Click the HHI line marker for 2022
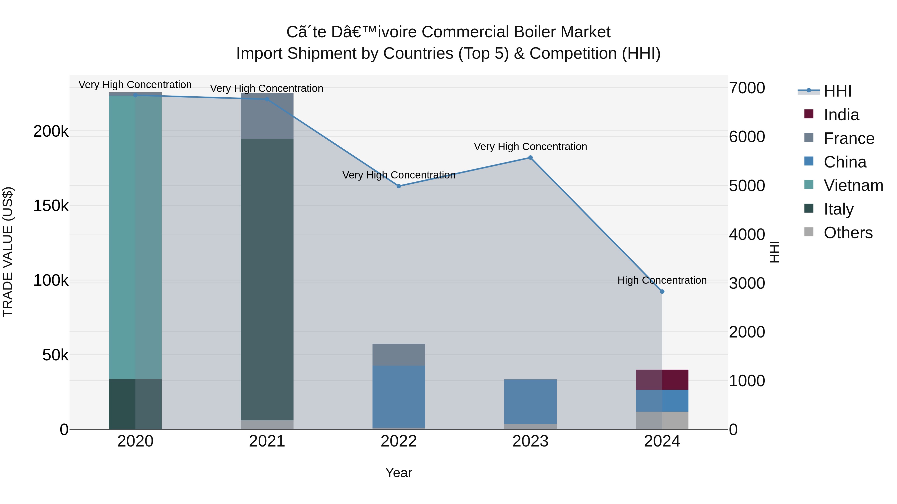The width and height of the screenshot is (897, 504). coord(399,186)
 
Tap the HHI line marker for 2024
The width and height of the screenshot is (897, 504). coord(662,291)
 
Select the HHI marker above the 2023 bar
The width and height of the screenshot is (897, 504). coord(530,158)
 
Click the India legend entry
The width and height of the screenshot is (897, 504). coord(841,115)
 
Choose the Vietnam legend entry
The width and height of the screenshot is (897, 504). coord(853,185)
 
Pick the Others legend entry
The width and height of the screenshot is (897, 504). coord(848,233)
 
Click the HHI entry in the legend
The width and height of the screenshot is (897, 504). coord(837,91)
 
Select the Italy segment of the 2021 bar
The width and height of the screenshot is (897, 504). coord(267,278)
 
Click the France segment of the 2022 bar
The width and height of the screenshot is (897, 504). coord(399,354)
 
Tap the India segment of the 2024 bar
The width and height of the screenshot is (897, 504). coord(662,380)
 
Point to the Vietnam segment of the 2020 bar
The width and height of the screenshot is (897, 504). coord(136,236)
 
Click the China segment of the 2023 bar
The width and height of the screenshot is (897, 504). coord(530,401)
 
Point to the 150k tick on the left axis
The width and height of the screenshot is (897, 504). coord(51,206)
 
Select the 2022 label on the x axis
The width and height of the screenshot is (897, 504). coord(399,441)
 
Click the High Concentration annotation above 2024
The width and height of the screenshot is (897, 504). coord(662,280)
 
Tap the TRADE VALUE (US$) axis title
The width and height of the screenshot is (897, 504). coord(8,252)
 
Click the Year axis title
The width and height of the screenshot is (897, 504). coord(399,473)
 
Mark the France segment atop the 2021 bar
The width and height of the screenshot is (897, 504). coord(267,116)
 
